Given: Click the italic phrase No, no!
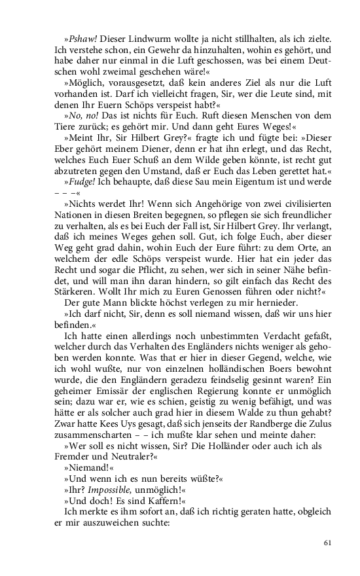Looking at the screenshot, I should (x=82, y=112).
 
